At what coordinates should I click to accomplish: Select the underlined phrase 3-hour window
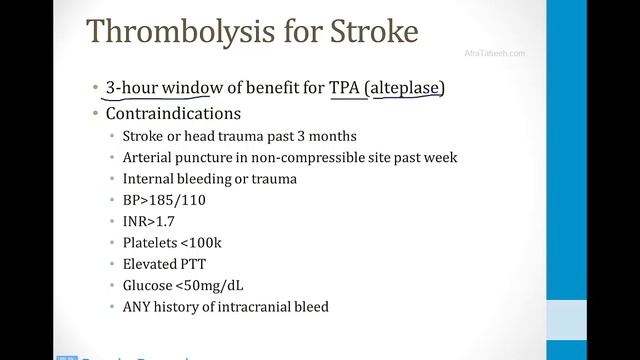pos(166,89)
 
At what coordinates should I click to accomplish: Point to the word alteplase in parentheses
pos(405,89)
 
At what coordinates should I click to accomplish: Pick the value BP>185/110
pos(166,200)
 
